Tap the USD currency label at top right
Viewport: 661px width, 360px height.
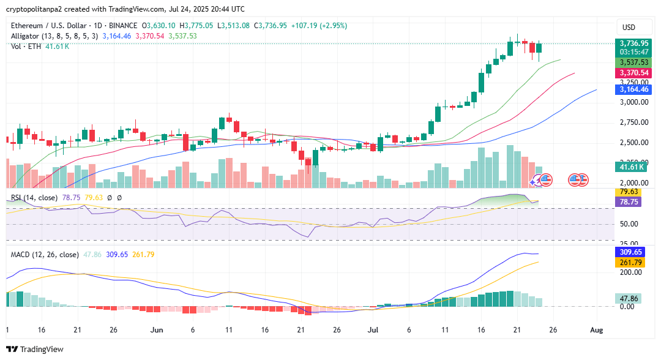click(629, 28)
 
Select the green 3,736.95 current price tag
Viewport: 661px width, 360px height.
click(633, 43)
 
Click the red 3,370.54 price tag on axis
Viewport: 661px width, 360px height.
click(633, 73)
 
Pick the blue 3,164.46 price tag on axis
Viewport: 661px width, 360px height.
click(633, 89)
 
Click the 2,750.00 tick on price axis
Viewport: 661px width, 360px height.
click(633, 122)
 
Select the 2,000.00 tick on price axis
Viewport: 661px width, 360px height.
click(633, 183)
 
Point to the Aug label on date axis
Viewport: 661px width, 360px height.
click(597, 330)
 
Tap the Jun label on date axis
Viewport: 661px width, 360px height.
click(157, 330)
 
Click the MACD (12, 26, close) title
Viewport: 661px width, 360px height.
click(45, 255)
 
